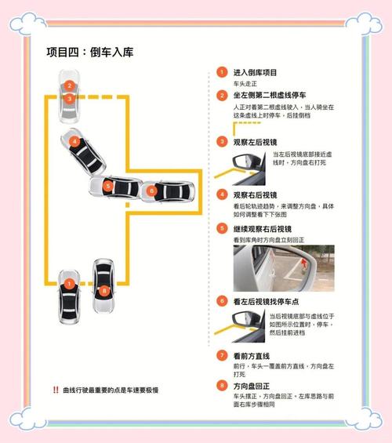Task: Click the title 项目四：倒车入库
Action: point(89,53)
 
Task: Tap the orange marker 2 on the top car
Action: point(70,85)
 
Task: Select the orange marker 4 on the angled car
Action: point(74,142)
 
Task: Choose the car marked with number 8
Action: point(104,285)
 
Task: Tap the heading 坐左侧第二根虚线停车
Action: point(271,95)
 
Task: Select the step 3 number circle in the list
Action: point(223,142)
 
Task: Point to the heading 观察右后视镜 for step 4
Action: point(256,194)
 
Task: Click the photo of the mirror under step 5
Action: point(283,268)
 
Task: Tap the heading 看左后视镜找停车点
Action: point(269,300)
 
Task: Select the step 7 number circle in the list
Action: point(223,355)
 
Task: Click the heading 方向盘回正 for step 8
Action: point(252,386)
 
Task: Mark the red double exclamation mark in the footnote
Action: point(56,390)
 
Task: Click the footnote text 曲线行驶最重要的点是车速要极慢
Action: point(111,390)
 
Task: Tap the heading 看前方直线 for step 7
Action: point(252,355)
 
